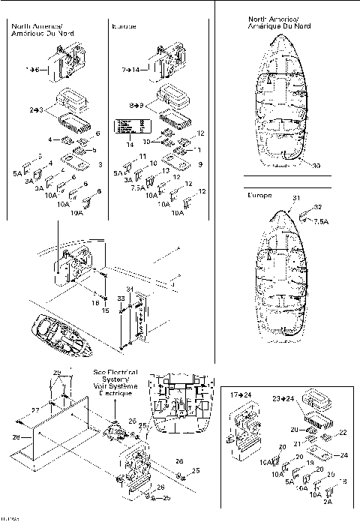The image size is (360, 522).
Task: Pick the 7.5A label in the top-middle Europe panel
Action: click(137, 188)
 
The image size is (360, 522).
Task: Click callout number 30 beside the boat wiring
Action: click(316, 166)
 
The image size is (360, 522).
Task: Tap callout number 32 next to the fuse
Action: click(318, 206)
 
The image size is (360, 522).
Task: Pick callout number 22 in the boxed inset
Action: click(344, 432)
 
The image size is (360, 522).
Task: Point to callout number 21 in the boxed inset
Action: click(297, 444)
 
